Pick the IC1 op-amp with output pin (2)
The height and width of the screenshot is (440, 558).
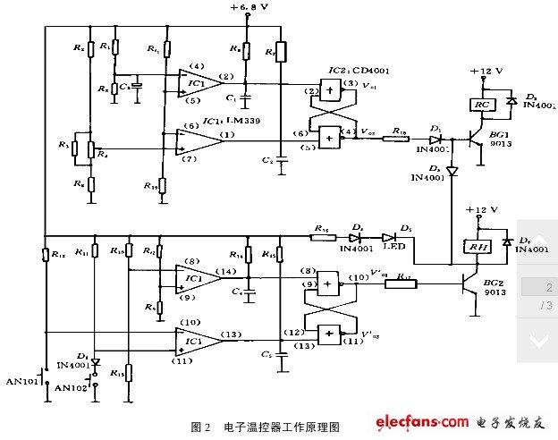198,83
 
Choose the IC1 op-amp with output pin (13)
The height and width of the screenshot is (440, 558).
198,341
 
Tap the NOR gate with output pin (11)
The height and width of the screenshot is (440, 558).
331,334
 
